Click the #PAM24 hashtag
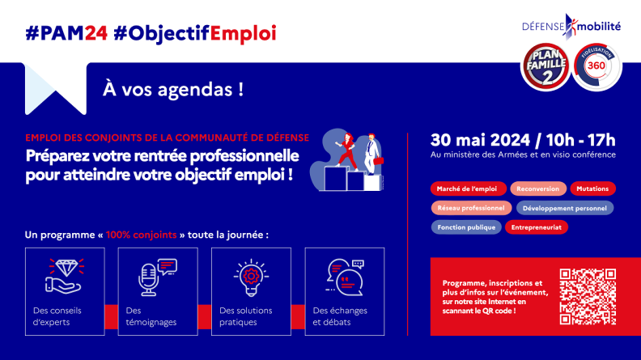tap(66, 33)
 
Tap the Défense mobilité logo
tap(571, 27)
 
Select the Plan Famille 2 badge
tap(546, 66)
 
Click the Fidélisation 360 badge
tap(596, 66)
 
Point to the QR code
tap(588, 297)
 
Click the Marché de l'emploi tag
tap(468, 188)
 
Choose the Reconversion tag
tap(538, 188)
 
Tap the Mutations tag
tap(592, 188)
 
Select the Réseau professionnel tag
tap(471, 208)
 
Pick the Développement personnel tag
tap(565, 208)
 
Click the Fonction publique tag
tap(466, 227)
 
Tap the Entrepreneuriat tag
tap(537, 227)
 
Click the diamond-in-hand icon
tap(65, 276)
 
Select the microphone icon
tap(157, 277)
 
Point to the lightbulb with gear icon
tap(251, 277)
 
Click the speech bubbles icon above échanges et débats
tap(345, 277)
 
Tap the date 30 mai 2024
tap(480, 140)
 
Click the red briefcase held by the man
tap(379, 161)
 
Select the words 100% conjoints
tap(141, 235)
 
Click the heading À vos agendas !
tap(173, 90)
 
